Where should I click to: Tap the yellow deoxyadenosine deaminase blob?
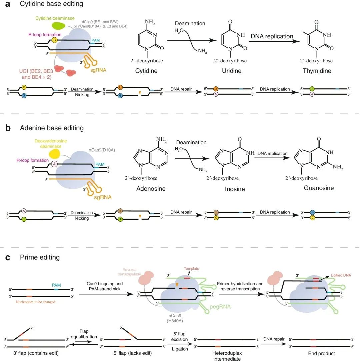click(x=55, y=153)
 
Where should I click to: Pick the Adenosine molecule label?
click(x=151, y=189)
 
